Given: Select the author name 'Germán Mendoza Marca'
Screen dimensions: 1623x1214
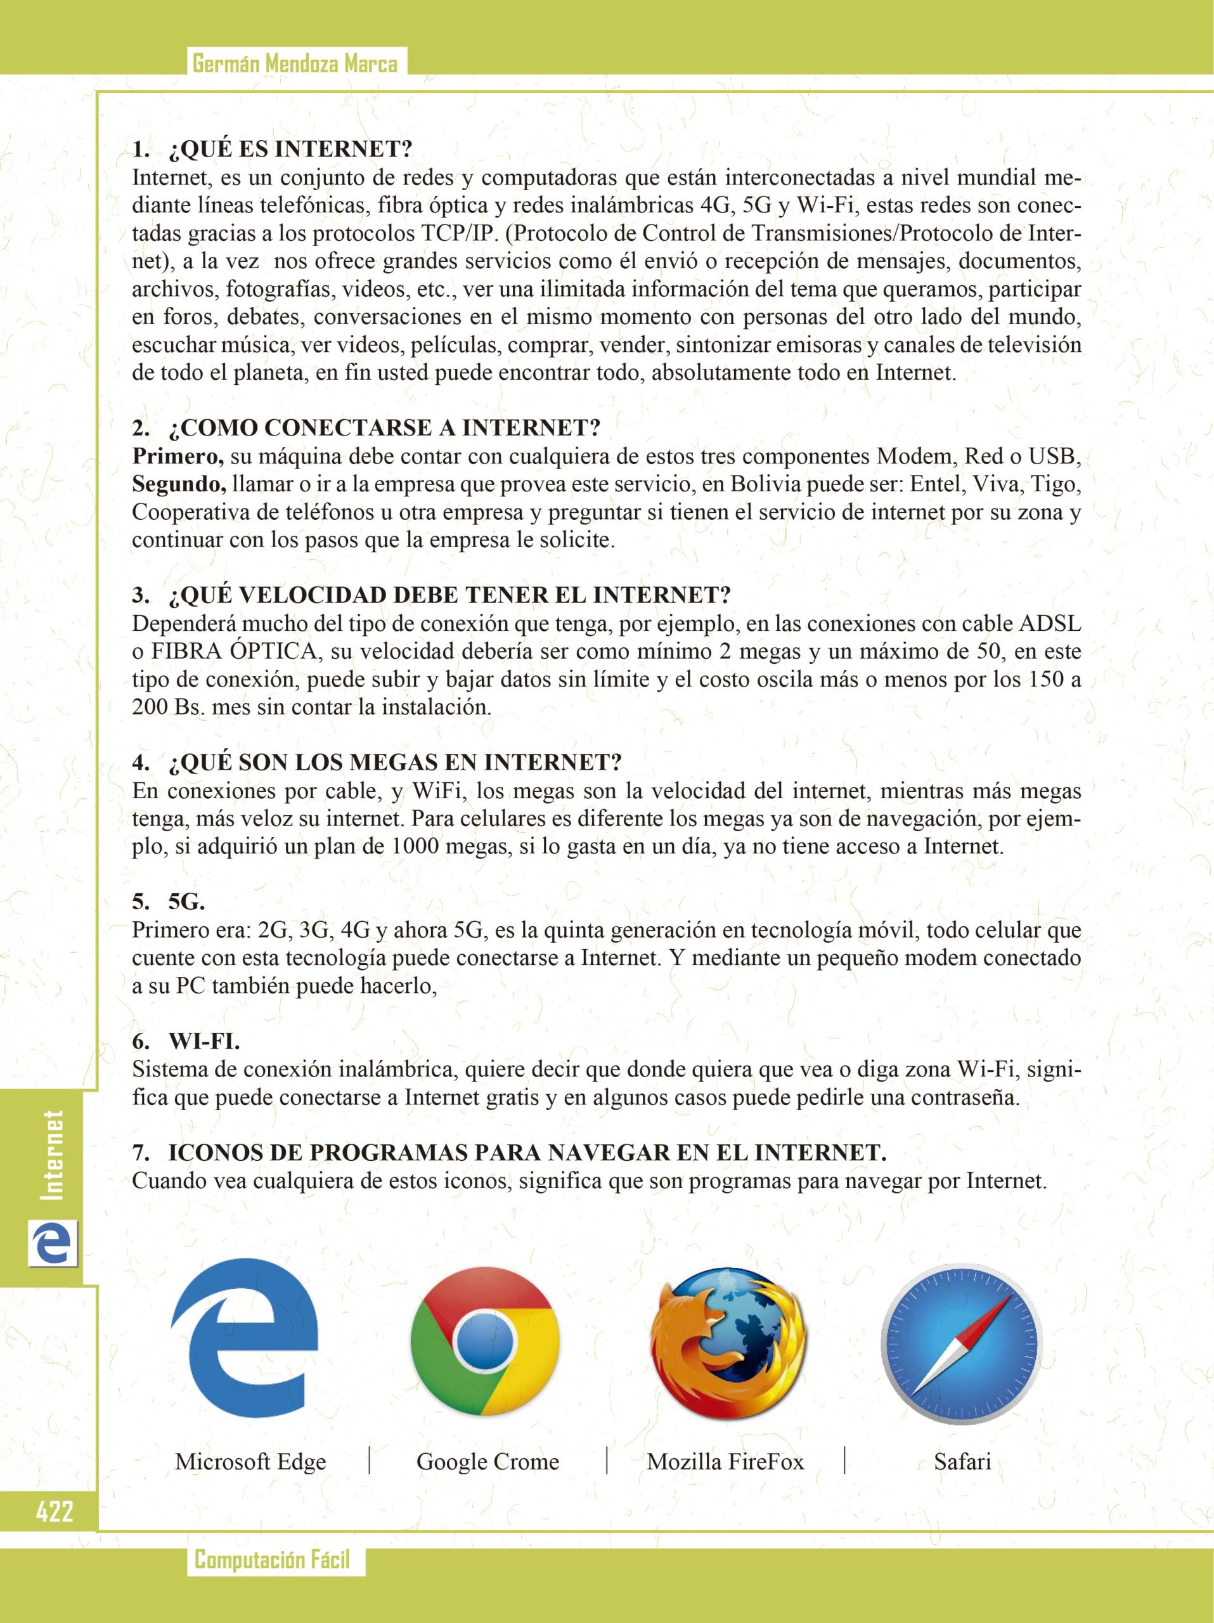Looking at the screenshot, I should click(295, 65).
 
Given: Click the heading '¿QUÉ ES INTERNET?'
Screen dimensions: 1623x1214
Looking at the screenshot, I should click(290, 149).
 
